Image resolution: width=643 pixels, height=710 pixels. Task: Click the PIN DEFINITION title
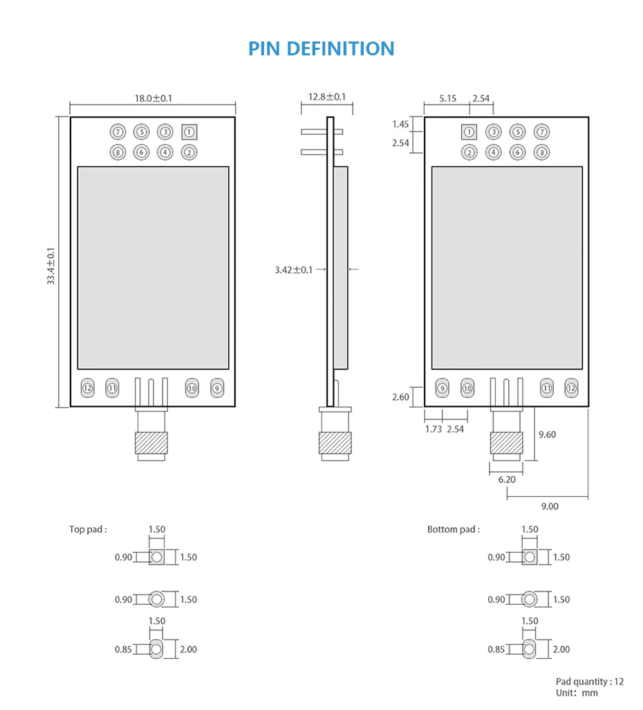point(321,49)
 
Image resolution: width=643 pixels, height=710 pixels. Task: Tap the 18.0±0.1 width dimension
point(153,98)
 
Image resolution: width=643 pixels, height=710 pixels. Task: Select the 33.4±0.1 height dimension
point(51,266)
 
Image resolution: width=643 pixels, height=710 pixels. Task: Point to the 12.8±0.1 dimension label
point(327,97)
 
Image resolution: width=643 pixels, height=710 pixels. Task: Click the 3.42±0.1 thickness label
point(294,269)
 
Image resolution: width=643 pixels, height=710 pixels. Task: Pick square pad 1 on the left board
point(189,131)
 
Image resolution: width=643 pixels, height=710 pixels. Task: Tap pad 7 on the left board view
point(118,131)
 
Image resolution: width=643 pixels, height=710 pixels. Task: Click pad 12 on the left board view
point(88,388)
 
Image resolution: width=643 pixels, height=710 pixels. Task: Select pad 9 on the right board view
point(442,388)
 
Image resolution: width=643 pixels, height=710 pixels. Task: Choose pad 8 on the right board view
point(542,152)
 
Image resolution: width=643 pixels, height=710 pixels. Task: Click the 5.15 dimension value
point(448,98)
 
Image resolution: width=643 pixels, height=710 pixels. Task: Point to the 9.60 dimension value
point(547,435)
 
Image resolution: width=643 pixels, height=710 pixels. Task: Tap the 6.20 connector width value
point(507,479)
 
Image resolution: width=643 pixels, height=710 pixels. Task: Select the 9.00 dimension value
point(550,506)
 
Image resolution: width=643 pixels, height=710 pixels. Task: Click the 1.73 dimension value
point(434,429)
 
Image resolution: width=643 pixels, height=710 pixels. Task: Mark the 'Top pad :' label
point(88,529)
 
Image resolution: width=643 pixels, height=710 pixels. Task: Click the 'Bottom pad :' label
point(453,529)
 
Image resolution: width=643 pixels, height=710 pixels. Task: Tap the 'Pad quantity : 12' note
point(589,682)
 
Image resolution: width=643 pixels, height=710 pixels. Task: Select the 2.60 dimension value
point(401,397)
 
